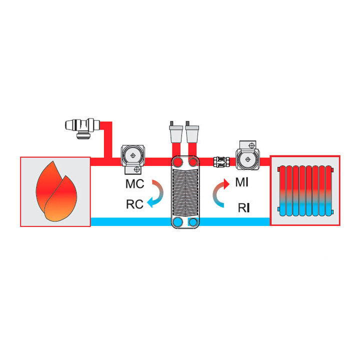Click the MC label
tap(135, 184)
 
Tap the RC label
tap(135, 204)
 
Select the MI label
tap(242, 182)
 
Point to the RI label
tap(243, 208)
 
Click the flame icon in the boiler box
tap(56, 191)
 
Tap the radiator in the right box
tap(305, 191)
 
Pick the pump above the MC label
tap(133, 159)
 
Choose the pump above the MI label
tap(247, 155)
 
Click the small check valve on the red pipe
tap(221, 161)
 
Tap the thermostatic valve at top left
tap(82, 128)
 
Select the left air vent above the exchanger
tap(176, 132)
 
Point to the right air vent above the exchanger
tap(192, 132)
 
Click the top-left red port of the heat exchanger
tap(177, 162)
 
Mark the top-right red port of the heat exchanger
tap(193, 162)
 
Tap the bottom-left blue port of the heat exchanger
tap(177, 222)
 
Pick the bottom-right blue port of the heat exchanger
tap(193, 222)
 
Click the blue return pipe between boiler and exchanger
tap(131, 222)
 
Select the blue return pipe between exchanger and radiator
tap(234, 222)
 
